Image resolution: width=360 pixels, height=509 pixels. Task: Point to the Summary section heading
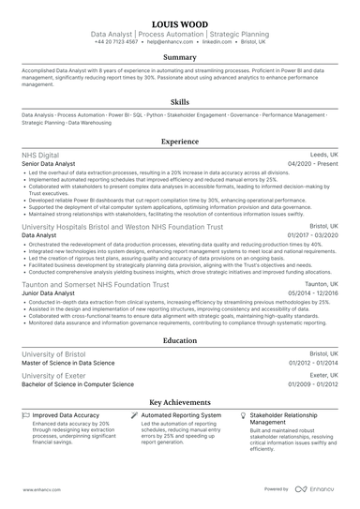tap(179, 58)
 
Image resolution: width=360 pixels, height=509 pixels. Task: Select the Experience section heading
tap(179, 142)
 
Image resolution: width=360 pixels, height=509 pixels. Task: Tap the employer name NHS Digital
tap(39, 155)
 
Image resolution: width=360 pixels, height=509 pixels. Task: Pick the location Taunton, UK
tap(321, 283)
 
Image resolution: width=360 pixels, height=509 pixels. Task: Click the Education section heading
tap(179, 341)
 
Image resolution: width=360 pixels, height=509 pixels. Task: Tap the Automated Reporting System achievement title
tap(181, 414)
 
